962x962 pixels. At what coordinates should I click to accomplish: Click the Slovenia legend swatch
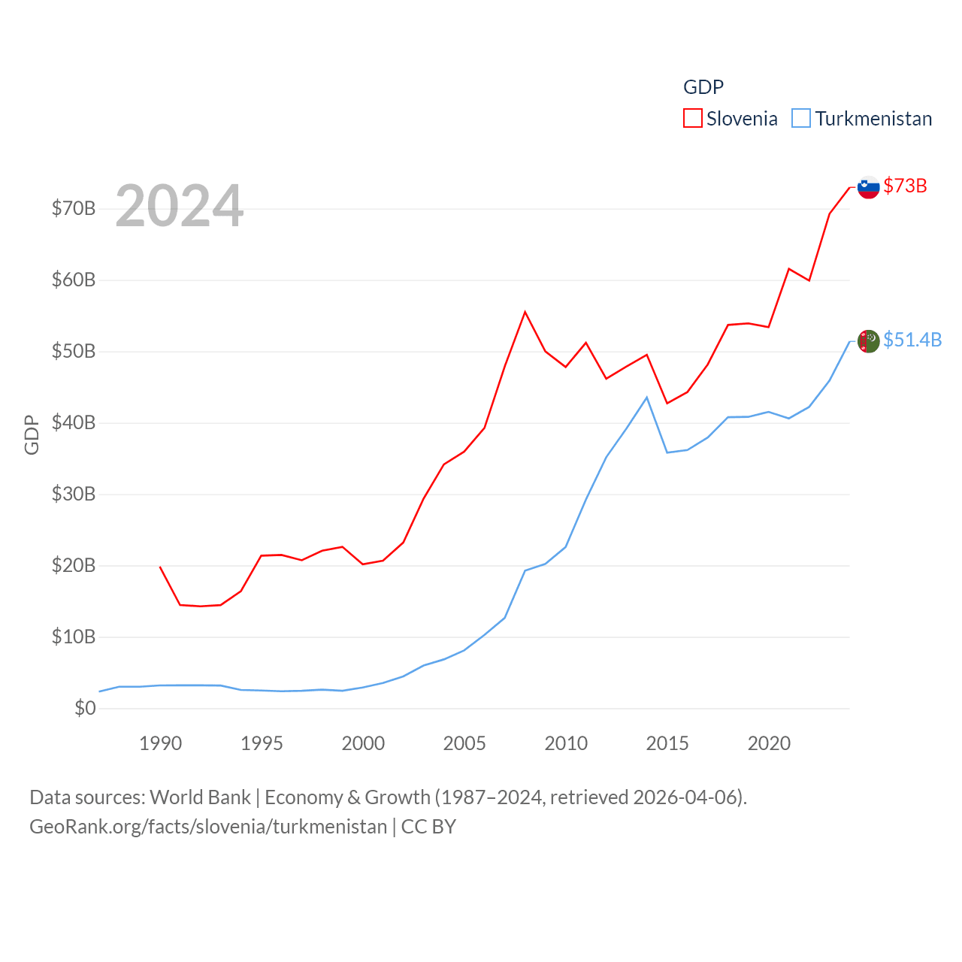[692, 119]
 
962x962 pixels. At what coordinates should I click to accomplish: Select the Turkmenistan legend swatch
[801, 119]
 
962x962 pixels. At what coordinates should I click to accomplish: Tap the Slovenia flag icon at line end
[868, 187]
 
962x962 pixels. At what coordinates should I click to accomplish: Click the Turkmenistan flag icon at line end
[868, 341]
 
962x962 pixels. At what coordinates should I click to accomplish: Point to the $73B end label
[905, 186]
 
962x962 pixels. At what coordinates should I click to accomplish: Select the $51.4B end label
[912, 340]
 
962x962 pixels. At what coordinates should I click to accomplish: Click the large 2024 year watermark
[179, 206]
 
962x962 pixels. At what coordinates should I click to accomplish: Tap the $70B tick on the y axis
[74, 208]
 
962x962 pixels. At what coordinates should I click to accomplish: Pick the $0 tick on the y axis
[85, 708]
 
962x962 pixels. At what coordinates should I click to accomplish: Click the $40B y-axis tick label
[74, 422]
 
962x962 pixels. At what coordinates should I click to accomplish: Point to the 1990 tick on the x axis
[160, 743]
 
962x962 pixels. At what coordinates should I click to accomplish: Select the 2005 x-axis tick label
[464, 743]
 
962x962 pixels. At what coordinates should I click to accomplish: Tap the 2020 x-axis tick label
[769, 743]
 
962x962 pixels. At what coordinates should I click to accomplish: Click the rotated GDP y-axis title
[32, 434]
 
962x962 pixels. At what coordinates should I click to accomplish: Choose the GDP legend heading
[703, 87]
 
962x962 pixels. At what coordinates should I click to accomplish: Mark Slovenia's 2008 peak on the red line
[525, 312]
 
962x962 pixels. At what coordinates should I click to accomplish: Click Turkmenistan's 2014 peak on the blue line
[646, 398]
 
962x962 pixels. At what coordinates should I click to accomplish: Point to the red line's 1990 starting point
[160, 567]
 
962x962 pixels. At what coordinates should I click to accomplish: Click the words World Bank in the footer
[200, 797]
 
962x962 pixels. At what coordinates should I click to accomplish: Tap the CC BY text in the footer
[428, 827]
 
